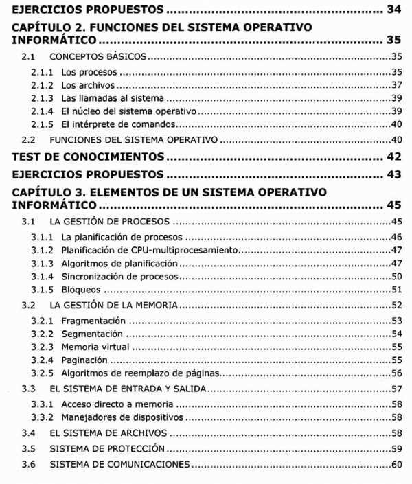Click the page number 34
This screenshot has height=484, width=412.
pyautogui.click(x=393, y=10)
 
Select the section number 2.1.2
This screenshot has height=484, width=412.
pyautogui.click(x=42, y=85)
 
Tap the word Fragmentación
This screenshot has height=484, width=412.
pyautogui.click(x=93, y=321)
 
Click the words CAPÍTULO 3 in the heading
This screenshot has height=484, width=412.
pyautogui.click(x=46, y=192)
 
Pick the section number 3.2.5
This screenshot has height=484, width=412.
pyautogui.click(x=42, y=373)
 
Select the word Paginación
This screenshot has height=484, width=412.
pyautogui.click(x=84, y=360)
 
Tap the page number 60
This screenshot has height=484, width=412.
pyautogui.click(x=396, y=465)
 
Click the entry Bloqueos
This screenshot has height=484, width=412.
pyautogui.click(x=82, y=289)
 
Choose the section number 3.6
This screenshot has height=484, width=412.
pyautogui.click(x=28, y=465)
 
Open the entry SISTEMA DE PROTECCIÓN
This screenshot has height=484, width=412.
pyautogui.click(x=107, y=449)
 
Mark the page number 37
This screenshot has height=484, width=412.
pyautogui.click(x=396, y=85)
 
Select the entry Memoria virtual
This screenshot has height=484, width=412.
pyautogui.click(x=95, y=347)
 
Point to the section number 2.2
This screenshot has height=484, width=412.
pyautogui.click(x=28, y=139)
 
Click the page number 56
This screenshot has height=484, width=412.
pyautogui.click(x=396, y=373)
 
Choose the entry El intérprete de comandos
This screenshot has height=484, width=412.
pyautogui.click(x=119, y=124)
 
